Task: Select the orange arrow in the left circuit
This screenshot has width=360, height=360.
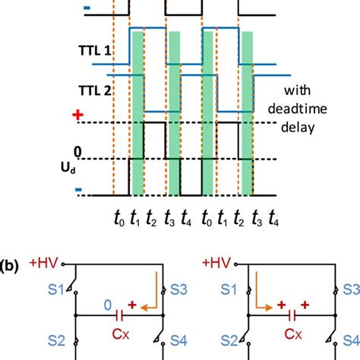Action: click(155, 292)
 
